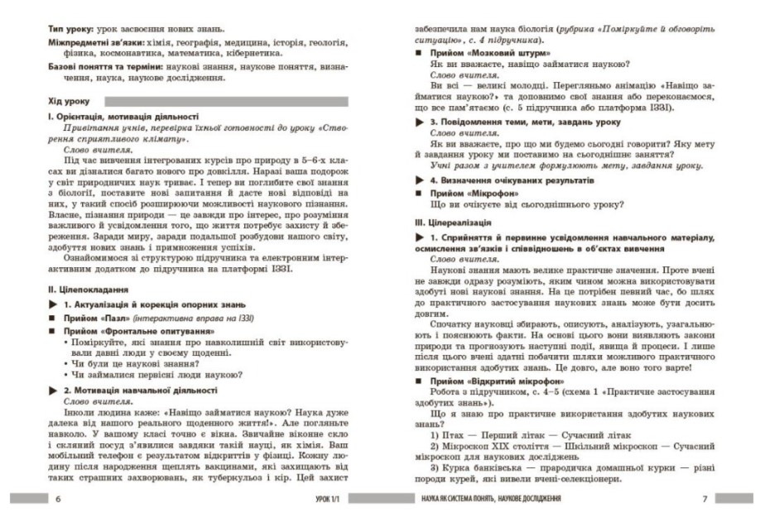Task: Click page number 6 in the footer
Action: pos(57,499)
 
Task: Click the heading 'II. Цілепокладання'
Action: pos(89,290)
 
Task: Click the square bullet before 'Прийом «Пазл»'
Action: pos(55,318)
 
